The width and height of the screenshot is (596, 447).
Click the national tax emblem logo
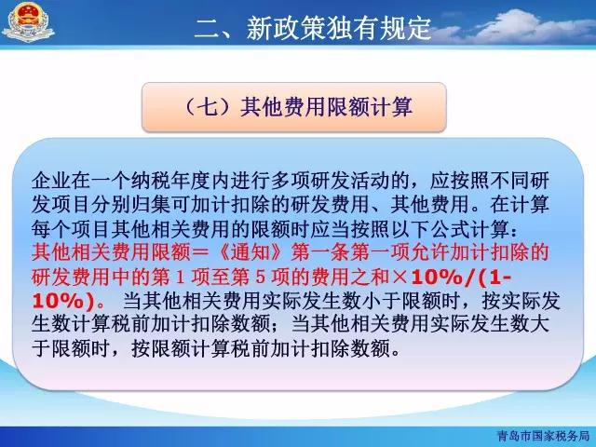point(27,22)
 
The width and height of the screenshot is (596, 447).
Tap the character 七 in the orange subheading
point(209,107)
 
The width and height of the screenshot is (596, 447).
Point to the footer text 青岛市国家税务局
point(543,436)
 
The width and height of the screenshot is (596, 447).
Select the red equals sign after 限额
point(202,252)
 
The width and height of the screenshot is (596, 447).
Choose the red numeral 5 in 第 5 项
point(261,278)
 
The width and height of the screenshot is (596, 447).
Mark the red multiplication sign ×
point(400,278)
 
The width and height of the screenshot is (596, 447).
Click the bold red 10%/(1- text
point(462,278)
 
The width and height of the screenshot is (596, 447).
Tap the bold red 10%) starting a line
point(63,302)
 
